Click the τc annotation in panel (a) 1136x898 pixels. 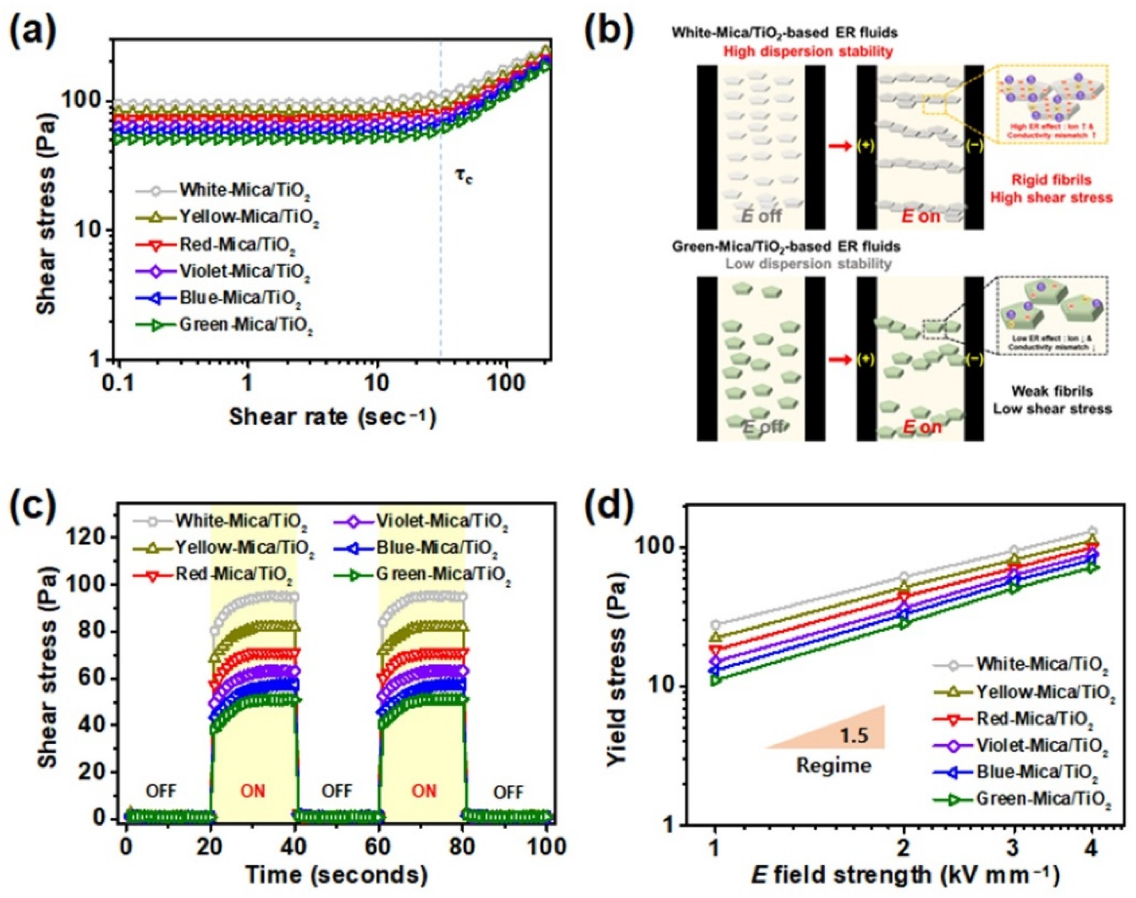464,177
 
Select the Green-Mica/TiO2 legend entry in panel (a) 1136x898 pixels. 246,325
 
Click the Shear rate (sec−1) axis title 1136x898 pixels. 332,417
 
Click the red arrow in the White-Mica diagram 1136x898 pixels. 839,146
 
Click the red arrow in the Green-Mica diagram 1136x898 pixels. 839,360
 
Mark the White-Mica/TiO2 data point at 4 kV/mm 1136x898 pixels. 1092,531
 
